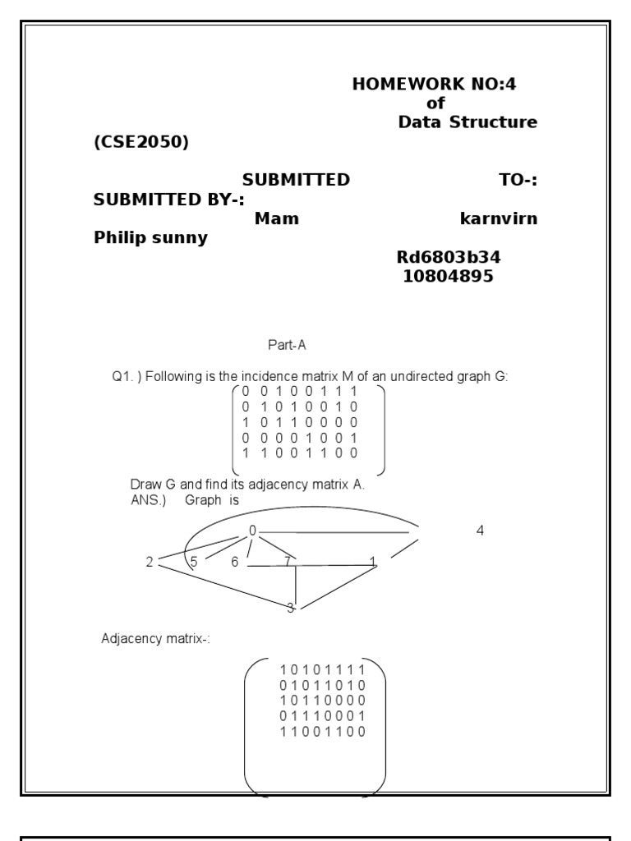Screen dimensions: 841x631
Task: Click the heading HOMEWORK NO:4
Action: point(435,84)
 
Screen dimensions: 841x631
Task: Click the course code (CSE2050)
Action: point(141,142)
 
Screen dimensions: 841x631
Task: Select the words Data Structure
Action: point(467,122)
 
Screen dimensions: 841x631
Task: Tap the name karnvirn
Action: point(499,219)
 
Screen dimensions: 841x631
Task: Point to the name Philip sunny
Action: point(150,238)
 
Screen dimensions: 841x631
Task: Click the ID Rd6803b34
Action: point(448,258)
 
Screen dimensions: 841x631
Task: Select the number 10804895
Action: point(448,277)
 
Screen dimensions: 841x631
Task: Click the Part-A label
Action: point(286,346)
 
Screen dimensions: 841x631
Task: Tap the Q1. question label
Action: point(124,377)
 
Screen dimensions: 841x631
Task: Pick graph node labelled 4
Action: point(480,531)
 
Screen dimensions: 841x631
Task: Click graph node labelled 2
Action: point(150,563)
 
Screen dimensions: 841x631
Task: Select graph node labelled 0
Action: point(253,531)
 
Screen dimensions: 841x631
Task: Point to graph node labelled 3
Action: point(290,608)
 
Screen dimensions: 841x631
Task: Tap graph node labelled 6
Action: point(234,562)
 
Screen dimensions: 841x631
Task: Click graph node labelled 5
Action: point(194,562)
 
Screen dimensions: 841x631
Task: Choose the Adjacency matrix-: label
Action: point(155,638)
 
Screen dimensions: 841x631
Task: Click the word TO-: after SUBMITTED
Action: point(518,180)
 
